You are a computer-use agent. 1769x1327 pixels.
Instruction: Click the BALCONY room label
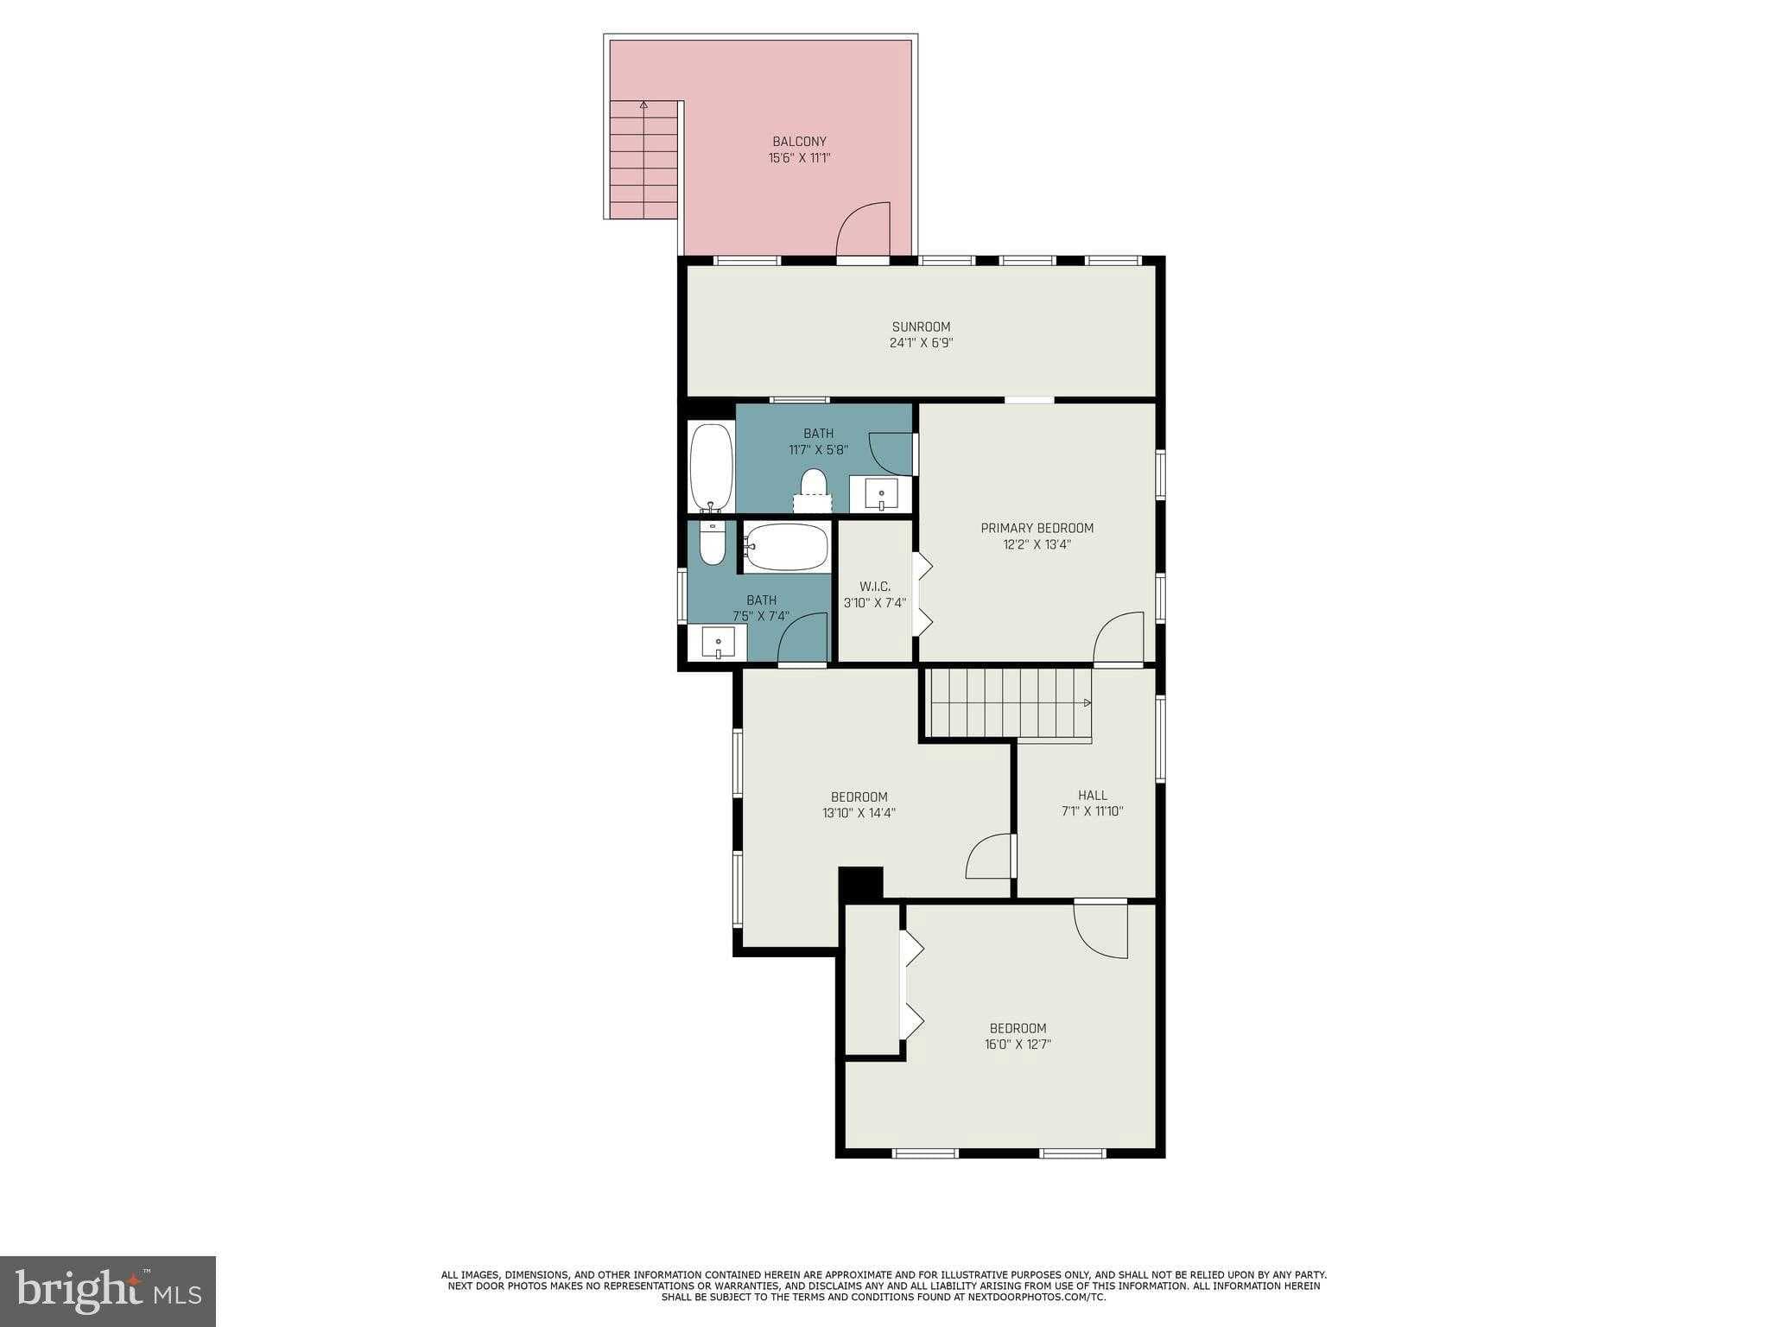point(799,142)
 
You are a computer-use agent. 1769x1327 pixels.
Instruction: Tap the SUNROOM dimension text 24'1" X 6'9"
point(921,343)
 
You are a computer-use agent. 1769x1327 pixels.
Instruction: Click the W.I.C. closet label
point(874,587)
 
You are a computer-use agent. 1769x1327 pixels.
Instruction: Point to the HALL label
point(1092,795)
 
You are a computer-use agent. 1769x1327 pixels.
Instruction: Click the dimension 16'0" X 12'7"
point(1018,1044)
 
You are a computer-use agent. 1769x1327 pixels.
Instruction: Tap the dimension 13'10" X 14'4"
point(859,812)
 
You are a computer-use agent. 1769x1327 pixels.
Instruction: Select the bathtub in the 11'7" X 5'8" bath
point(711,467)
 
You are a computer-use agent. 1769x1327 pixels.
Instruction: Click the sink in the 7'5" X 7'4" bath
point(718,643)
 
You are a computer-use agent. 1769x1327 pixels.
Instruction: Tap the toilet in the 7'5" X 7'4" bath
point(713,542)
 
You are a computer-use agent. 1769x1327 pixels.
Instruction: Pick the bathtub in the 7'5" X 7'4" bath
point(787,547)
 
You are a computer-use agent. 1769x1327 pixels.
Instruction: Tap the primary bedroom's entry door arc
point(1119,638)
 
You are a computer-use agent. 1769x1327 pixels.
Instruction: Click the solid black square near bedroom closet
point(861,883)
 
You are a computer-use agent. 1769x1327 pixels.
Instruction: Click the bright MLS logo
point(108,1292)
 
